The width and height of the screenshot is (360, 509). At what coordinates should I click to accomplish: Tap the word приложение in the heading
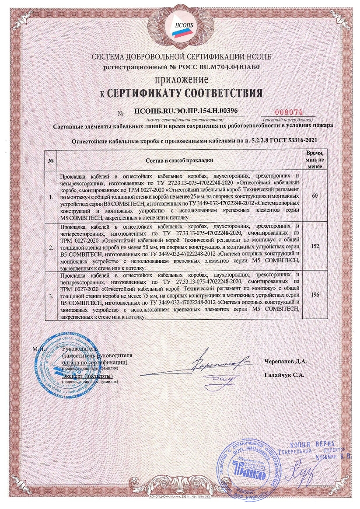coord(180,80)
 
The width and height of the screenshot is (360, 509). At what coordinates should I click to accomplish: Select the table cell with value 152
coord(315,246)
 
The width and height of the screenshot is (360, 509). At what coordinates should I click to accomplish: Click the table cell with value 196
coord(315,295)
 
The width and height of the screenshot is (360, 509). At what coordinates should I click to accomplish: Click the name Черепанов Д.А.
coord(286,362)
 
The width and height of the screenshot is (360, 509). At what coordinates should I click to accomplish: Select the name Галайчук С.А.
coord(285,375)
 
